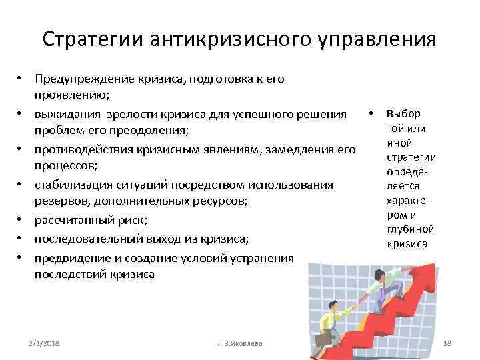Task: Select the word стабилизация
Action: tap(69, 185)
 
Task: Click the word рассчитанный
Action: tap(68, 221)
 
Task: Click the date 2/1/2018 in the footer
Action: tap(43, 343)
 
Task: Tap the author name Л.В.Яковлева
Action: tap(239, 343)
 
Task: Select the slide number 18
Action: tap(448, 343)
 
